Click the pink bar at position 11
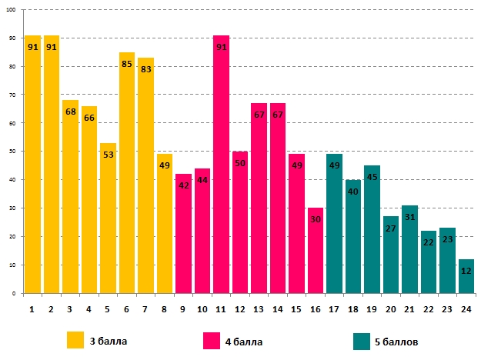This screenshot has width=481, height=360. pyautogui.click(x=221, y=169)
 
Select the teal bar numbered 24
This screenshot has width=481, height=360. pyautogui.click(x=466, y=281)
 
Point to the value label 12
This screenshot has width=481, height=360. pyautogui.click(x=466, y=271)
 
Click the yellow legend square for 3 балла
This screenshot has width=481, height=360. pyautogui.click(x=75, y=339)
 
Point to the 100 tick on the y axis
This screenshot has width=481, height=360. pyautogui.click(x=12, y=10)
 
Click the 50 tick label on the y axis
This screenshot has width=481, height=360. pyautogui.click(x=13, y=152)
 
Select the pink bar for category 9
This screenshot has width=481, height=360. pyautogui.click(x=183, y=238)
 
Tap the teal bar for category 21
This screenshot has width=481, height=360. pyautogui.click(x=409, y=254)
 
